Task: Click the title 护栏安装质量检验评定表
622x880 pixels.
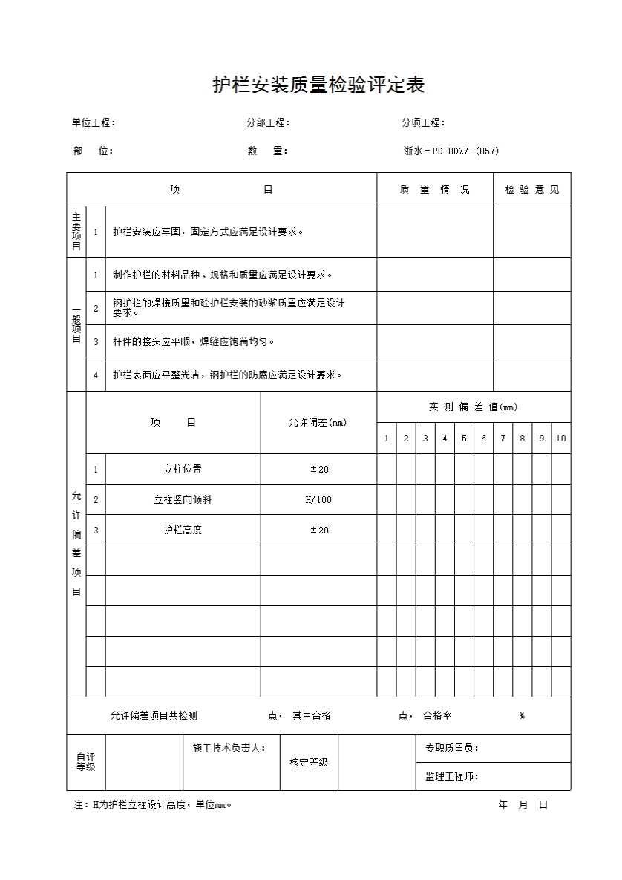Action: click(x=318, y=86)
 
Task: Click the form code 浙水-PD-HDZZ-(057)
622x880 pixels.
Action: click(x=451, y=151)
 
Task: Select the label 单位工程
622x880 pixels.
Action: click(x=93, y=122)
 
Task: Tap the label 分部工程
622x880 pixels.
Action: click(x=268, y=122)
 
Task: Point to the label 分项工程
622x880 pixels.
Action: click(x=423, y=122)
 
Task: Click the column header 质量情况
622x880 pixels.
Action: click(x=434, y=189)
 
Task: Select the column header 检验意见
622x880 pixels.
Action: click(x=532, y=189)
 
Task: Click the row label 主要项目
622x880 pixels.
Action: click(x=76, y=232)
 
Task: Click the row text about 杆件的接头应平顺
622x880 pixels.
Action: click(x=194, y=341)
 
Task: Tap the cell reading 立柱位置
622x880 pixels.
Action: click(x=183, y=469)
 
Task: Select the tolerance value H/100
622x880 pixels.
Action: click(x=318, y=499)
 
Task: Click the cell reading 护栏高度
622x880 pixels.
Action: click(x=183, y=530)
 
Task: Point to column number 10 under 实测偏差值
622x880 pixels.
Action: click(x=560, y=438)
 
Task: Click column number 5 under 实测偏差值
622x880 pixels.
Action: click(x=464, y=438)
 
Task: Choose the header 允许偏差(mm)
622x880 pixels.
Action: click(x=318, y=422)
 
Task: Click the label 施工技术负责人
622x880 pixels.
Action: click(x=223, y=748)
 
